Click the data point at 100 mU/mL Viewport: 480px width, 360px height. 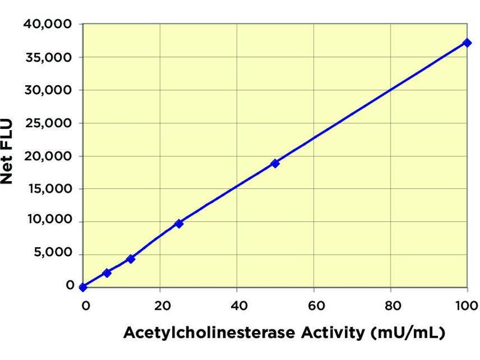tap(467, 43)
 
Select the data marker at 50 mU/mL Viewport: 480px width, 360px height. tap(275, 163)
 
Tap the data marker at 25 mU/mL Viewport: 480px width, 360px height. tap(179, 223)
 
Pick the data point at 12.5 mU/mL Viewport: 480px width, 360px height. tap(131, 259)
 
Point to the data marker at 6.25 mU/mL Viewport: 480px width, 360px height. tap(107, 273)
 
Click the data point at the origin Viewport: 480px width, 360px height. tap(83, 287)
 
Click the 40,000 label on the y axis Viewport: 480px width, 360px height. tap(47, 24)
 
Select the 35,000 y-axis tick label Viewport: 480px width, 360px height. tap(47, 57)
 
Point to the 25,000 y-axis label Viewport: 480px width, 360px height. tap(47, 123)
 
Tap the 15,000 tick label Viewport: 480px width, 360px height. tap(47, 188)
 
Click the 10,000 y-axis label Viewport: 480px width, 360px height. tap(47, 221)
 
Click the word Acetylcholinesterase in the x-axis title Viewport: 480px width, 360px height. tap(205, 332)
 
